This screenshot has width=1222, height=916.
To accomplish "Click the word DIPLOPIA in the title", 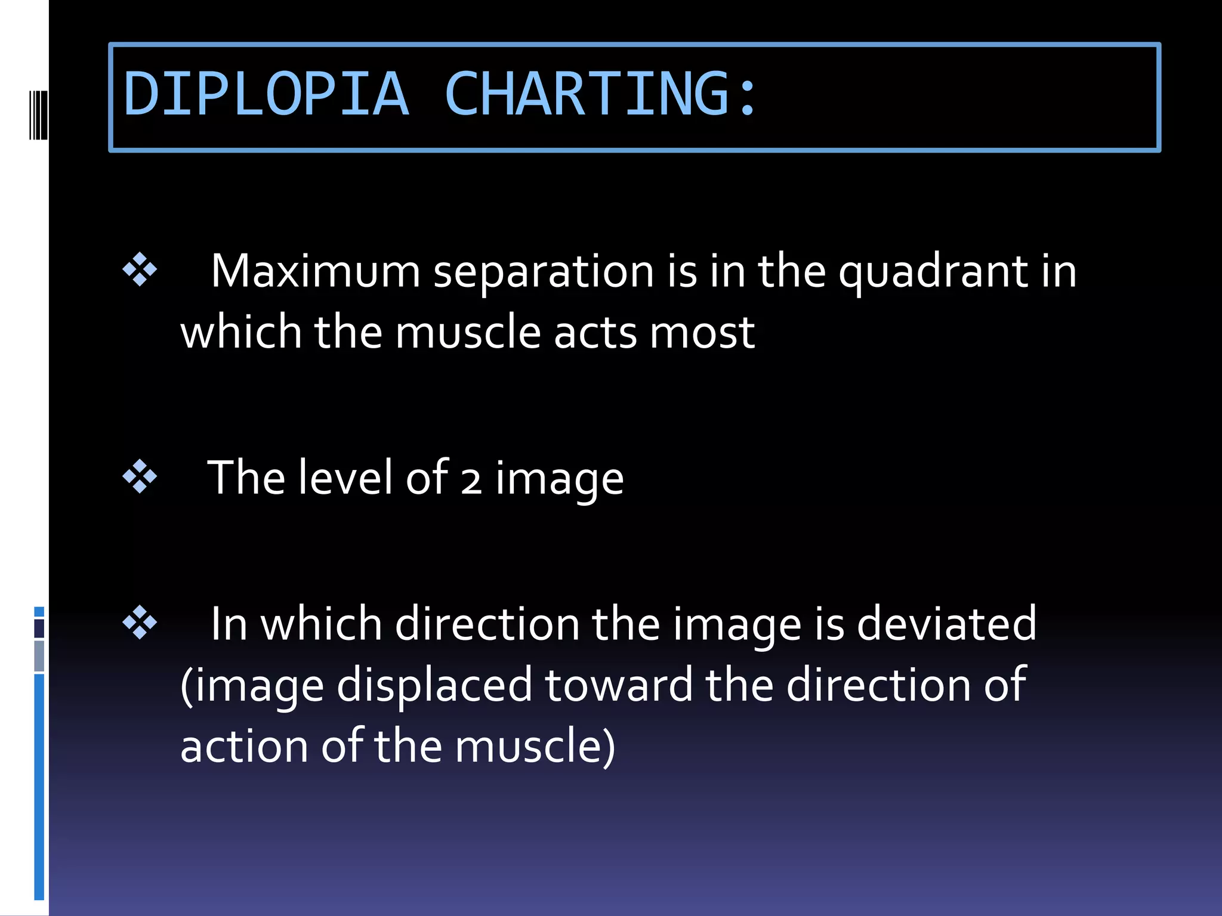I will [x=266, y=94].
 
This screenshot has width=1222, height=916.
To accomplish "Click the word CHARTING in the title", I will [x=587, y=94].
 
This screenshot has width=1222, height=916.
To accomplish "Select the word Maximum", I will [x=316, y=271].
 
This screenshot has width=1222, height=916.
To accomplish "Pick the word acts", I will [x=595, y=332].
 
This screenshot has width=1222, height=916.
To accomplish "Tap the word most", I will [x=702, y=332].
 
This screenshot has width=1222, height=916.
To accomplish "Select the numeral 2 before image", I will [x=471, y=481].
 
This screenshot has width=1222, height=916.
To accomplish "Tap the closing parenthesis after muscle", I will [x=609, y=747].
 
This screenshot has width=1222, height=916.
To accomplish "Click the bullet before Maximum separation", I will [x=140, y=270].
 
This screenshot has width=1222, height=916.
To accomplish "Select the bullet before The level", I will [x=140, y=476].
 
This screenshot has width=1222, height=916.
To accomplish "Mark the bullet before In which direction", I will [x=140, y=623].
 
